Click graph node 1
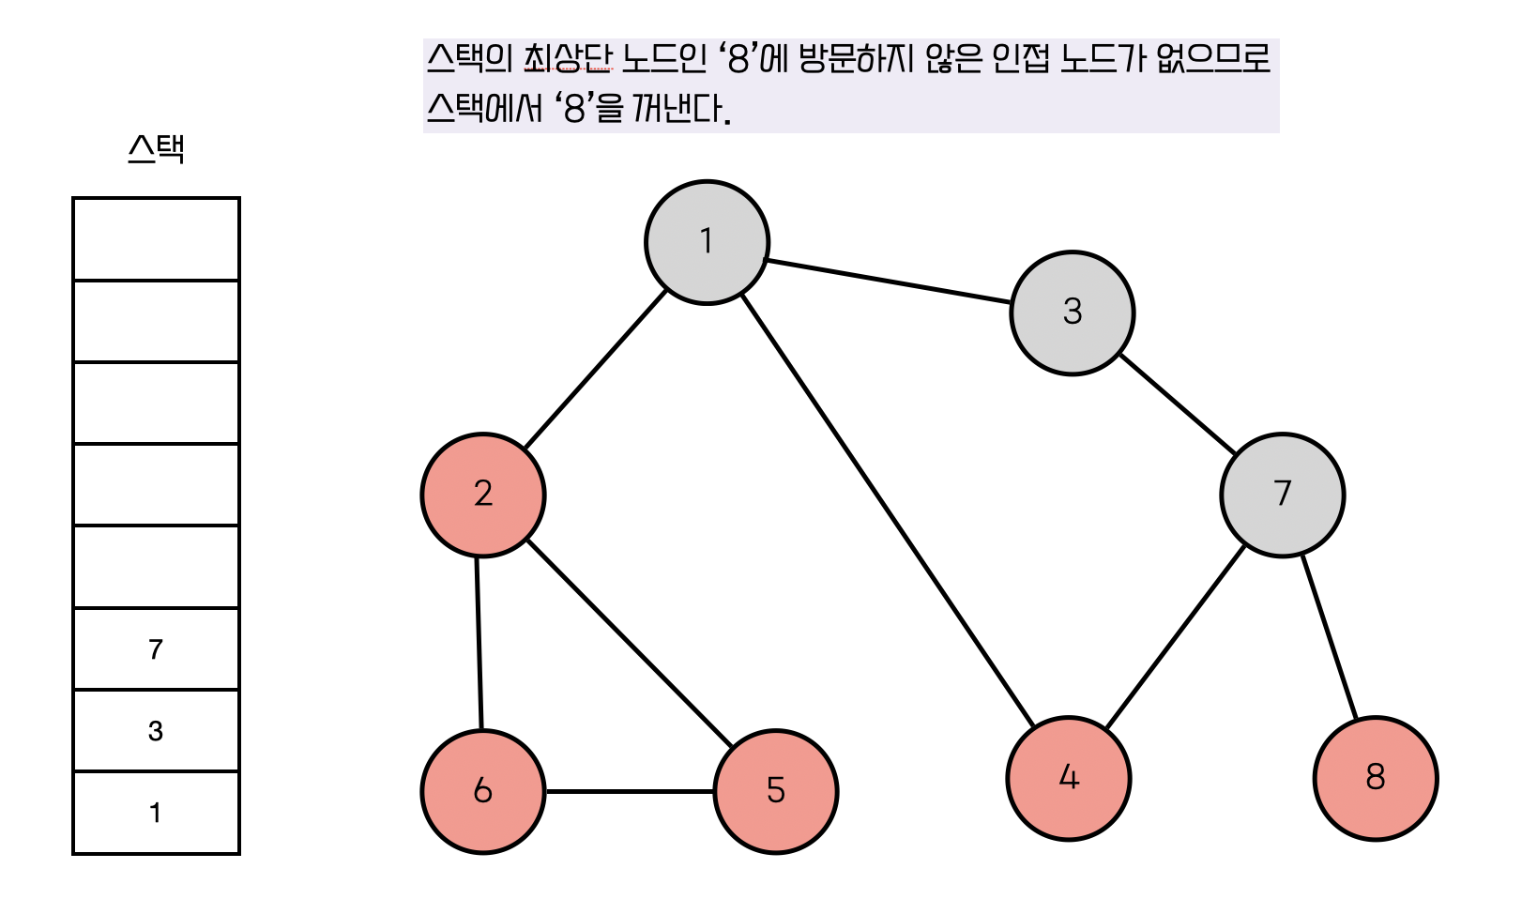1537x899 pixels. [x=707, y=242]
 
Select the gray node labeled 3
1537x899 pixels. [x=1072, y=312]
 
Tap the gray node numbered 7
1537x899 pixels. [x=1282, y=495]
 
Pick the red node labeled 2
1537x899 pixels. [x=483, y=495]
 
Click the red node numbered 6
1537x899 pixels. [x=483, y=791]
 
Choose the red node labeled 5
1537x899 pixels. [x=775, y=791]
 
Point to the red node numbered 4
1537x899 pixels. [x=1068, y=778]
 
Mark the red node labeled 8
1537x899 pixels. [x=1375, y=778]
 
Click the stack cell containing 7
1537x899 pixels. [x=156, y=648]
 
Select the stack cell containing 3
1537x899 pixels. [x=156, y=730]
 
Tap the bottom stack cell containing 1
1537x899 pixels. [x=156, y=813]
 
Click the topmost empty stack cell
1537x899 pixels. [x=156, y=238]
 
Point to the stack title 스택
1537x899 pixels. [x=156, y=149]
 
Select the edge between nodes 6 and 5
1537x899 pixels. [x=630, y=791]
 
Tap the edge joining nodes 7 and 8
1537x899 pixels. [x=1330, y=638]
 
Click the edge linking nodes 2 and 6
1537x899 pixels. [x=479, y=643]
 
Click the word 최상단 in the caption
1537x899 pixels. [x=567, y=58]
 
